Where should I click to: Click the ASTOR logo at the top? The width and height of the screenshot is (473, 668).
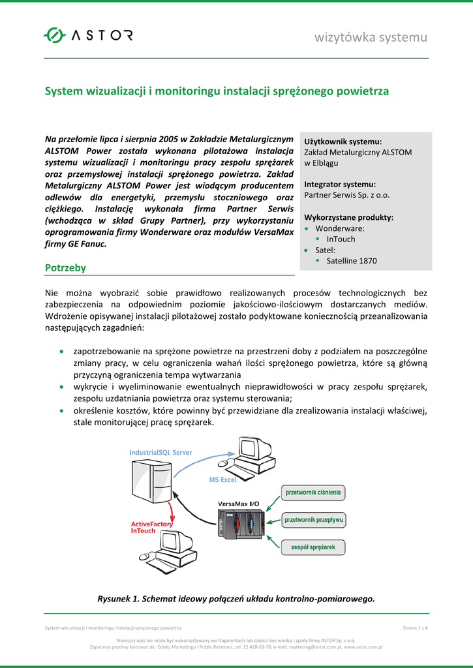(x=88, y=35)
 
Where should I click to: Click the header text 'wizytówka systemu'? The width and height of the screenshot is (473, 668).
(x=371, y=37)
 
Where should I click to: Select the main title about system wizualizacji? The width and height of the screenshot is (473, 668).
(x=216, y=91)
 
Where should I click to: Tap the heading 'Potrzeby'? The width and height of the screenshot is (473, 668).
(x=65, y=267)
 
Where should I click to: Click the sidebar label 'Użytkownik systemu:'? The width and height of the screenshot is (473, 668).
(x=343, y=142)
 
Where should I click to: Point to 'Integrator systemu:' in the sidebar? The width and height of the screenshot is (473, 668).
(x=340, y=184)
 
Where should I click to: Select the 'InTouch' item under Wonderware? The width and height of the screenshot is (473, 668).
(x=341, y=239)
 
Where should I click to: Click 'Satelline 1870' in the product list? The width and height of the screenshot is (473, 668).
(x=351, y=261)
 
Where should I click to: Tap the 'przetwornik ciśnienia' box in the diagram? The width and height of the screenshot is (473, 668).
(x=313, y=493)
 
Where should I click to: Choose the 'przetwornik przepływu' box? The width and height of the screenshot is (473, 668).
(x=314, y=520)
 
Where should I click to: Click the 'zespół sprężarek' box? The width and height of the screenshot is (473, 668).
(x=313, y=547)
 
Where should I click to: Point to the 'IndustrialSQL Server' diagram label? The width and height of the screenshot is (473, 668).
(x=160, y=452)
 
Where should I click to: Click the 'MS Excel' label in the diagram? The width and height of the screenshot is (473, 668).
(x=222, y=480)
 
